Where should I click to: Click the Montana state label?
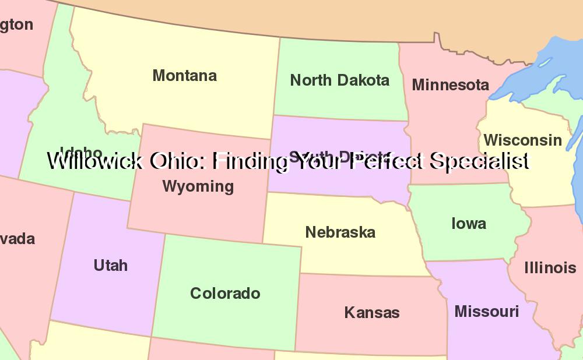184,76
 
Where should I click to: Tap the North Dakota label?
339,80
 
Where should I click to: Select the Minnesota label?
450,85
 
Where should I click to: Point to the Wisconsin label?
522,140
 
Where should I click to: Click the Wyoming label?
198,186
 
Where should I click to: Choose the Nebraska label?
340,232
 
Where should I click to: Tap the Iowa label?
468,224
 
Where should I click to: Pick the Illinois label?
550,268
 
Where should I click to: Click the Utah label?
110,266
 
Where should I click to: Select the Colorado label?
225,294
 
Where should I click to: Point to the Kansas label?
371,313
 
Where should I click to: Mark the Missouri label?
486,312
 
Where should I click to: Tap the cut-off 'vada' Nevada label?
17,239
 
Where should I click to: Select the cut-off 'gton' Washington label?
16,25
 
